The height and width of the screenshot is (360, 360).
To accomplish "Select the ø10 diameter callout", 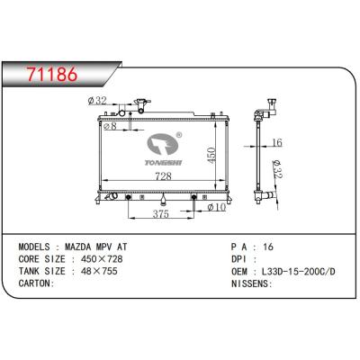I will click(216, 208).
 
